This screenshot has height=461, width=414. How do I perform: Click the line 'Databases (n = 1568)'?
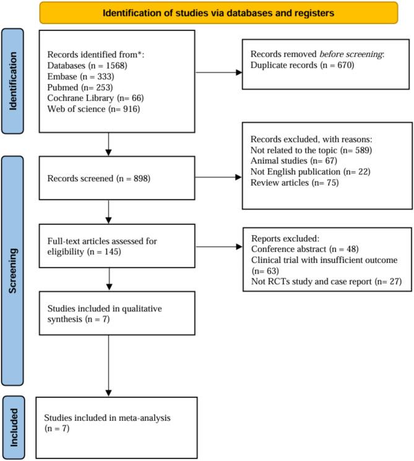[x=88, y=64]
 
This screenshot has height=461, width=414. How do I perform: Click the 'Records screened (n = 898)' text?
[x=99, y=178]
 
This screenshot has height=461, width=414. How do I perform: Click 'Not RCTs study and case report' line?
[x=326, y=282]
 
